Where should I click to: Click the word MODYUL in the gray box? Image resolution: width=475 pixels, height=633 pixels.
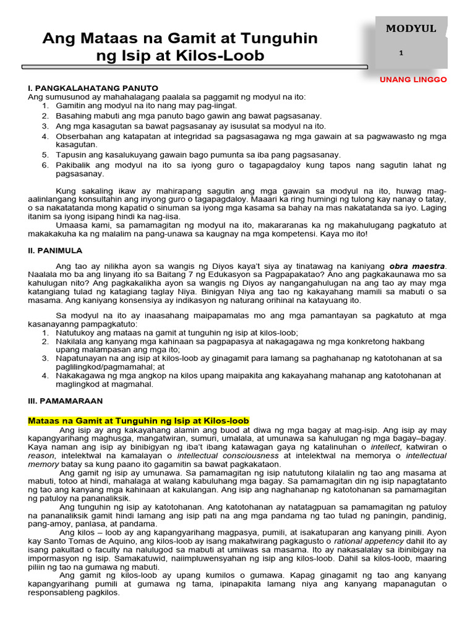(411, 28)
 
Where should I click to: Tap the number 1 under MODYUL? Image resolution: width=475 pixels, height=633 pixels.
(401, 54)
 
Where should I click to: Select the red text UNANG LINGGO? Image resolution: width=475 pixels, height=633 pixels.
(413, 80)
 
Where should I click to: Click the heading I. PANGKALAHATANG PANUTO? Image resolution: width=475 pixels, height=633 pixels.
(93, 88)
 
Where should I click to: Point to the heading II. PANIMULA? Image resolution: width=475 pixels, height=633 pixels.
(55, 250)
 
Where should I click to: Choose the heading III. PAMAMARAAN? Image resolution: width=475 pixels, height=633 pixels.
(65, 401)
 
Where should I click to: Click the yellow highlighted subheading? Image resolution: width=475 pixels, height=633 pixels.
(139, 421)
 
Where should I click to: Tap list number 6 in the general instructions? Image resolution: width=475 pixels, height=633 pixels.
(45, 165)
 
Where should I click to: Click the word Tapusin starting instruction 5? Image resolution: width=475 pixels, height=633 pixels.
(71, 155)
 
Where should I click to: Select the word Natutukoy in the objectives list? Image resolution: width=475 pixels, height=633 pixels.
(77, 333)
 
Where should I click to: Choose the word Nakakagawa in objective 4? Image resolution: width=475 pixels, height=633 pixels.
(81, 375)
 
